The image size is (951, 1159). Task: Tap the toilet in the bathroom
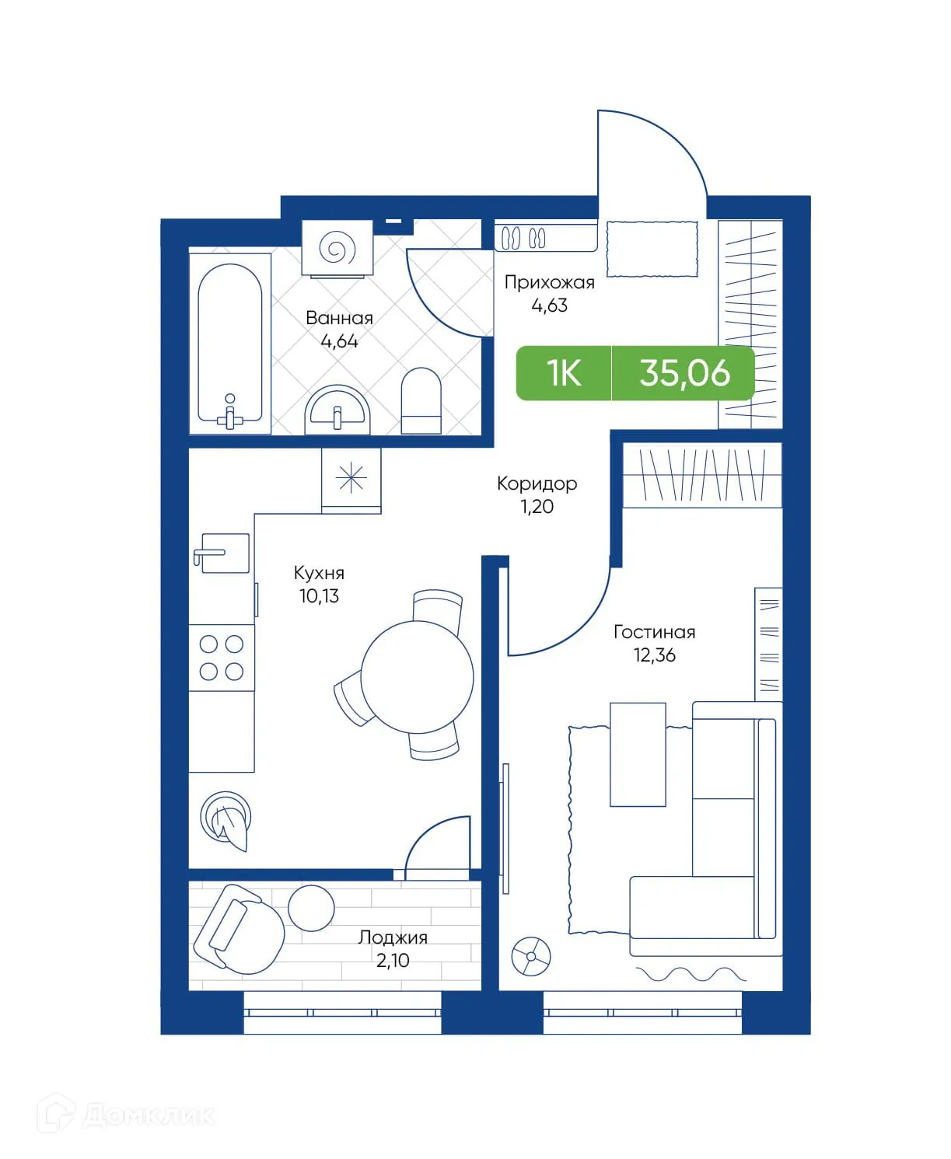(421, 401)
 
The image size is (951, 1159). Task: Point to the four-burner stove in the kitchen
(222, 658)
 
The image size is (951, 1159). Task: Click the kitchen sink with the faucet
(224, 553)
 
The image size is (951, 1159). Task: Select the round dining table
(418, 676)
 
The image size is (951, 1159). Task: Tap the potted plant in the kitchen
(227, 821)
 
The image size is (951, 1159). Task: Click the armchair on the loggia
(238, 929)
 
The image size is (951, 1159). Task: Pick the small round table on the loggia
(311, 907)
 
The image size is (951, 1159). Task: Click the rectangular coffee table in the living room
(638, 754)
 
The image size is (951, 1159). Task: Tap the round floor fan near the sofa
(531, 955)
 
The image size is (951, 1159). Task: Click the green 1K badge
(564, 373)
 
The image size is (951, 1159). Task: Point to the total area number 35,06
(684, 373)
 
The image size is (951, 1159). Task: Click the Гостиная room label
(654, 632)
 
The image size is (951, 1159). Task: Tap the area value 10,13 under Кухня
(319, 596)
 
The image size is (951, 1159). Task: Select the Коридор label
(537, 483)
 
